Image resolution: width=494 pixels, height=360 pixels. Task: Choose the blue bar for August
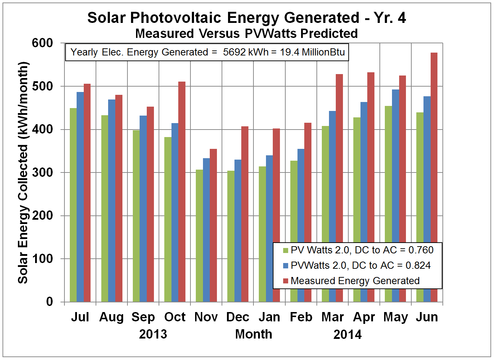click(112, 200)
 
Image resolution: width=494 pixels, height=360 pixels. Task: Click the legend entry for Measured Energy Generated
click(355, 281)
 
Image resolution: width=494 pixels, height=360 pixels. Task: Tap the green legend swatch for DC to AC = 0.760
click(286, 250)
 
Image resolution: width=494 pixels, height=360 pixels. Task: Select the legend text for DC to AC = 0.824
click(360, 266)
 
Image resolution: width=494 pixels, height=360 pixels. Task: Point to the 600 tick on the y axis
click(42, 43)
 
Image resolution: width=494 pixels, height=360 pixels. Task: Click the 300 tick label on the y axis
click(42, 172)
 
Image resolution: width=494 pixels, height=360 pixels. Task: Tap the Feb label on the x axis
click(301, 317)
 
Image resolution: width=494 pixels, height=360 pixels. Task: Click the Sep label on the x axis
click(143, 317)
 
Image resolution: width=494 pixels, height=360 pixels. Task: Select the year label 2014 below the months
click(347, 335)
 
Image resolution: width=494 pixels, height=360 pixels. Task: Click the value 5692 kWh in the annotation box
click(246, 52)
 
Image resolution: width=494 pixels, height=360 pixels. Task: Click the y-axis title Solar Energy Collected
click(23, 215)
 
